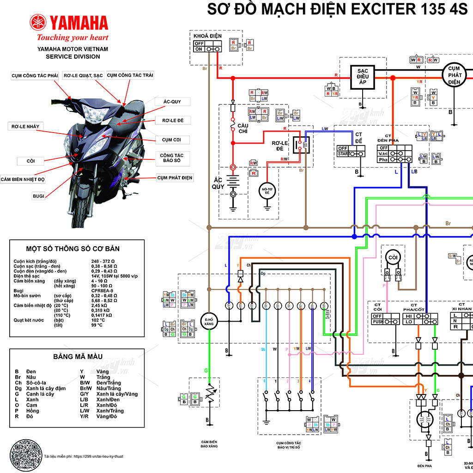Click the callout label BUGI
[x=38, y=196]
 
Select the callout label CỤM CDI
[x=171, y=139]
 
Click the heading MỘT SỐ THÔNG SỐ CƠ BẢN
[x=73, y=249]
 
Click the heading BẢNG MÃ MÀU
[x=78, y=356]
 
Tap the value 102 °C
[x=98, y=320]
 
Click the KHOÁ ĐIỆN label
[x=207, y=36]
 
